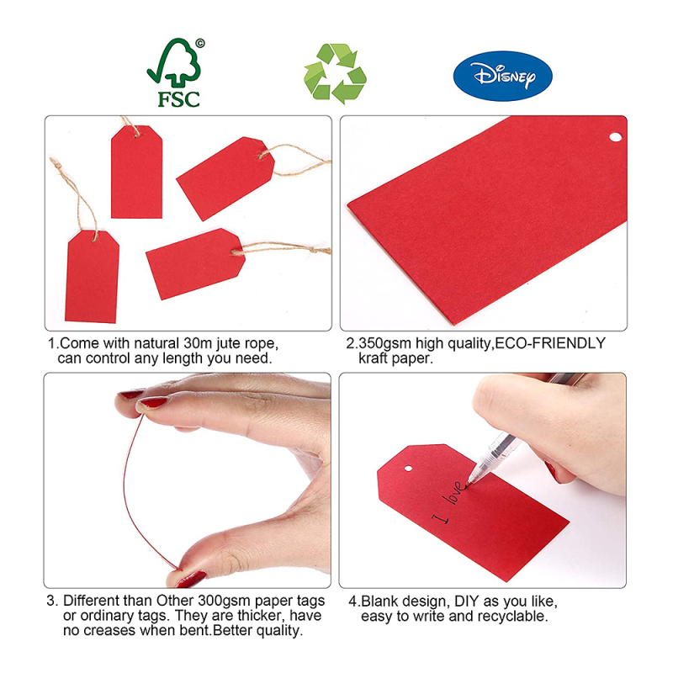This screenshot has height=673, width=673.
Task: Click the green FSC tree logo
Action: (174, 72)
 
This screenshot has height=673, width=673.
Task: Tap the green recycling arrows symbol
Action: (335, 73)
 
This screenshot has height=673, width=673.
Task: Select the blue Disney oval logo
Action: (502, 76)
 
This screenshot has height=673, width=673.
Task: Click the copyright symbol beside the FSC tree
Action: (200, 44)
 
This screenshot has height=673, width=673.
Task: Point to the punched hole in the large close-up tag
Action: (616, 137)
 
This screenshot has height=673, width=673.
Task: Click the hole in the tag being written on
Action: (408, 469)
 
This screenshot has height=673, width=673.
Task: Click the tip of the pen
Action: (468, 482)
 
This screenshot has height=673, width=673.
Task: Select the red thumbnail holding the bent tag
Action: (191, 579)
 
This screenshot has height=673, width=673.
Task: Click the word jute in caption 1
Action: (229, 344)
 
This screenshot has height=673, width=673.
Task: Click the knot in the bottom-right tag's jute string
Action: (313, 250)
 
